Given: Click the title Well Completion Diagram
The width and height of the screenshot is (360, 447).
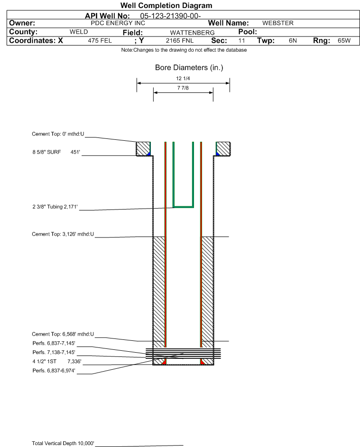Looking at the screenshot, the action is [x=166, y=5].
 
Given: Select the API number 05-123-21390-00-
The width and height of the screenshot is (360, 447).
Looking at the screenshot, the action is [x=170, y=16].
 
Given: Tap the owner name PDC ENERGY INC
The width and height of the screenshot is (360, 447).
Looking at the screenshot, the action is [x=118, y=23].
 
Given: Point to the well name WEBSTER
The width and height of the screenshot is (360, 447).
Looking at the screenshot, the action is [x=278, y=23].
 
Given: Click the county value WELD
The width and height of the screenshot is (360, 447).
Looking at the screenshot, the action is [x=79, y=32].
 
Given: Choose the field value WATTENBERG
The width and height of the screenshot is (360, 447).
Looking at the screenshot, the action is [x=192, y=33].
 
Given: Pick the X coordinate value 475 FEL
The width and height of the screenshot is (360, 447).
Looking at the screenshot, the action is [x=100, y=40].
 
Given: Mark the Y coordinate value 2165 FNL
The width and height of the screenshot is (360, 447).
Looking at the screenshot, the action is [x=180, y=40].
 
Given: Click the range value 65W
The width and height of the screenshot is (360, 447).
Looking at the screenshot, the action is [x=344, y=40].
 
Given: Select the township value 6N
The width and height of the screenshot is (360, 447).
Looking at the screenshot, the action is [x=293, y=40].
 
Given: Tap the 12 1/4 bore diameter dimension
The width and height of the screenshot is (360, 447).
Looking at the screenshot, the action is [x=183, y=78].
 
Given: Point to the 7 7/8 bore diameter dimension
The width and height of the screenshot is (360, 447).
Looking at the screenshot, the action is [x=183, y=88].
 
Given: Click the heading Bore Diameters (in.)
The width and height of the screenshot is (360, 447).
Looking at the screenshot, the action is [x=189, y=68].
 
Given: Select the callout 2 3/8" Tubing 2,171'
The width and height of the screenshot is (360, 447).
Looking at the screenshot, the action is [x=55, y=207].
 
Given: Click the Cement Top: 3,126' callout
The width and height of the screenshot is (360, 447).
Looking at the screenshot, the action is [x=63, y=234].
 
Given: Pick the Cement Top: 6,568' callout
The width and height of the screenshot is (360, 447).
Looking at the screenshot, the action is [x=63, y=334].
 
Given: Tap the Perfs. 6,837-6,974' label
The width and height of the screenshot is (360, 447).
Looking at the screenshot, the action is [x=54, y=371].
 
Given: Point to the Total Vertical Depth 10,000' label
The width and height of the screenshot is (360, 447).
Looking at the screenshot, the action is [x=63, y=443].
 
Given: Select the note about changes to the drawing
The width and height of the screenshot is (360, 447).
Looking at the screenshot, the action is [x=184, y=50].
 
